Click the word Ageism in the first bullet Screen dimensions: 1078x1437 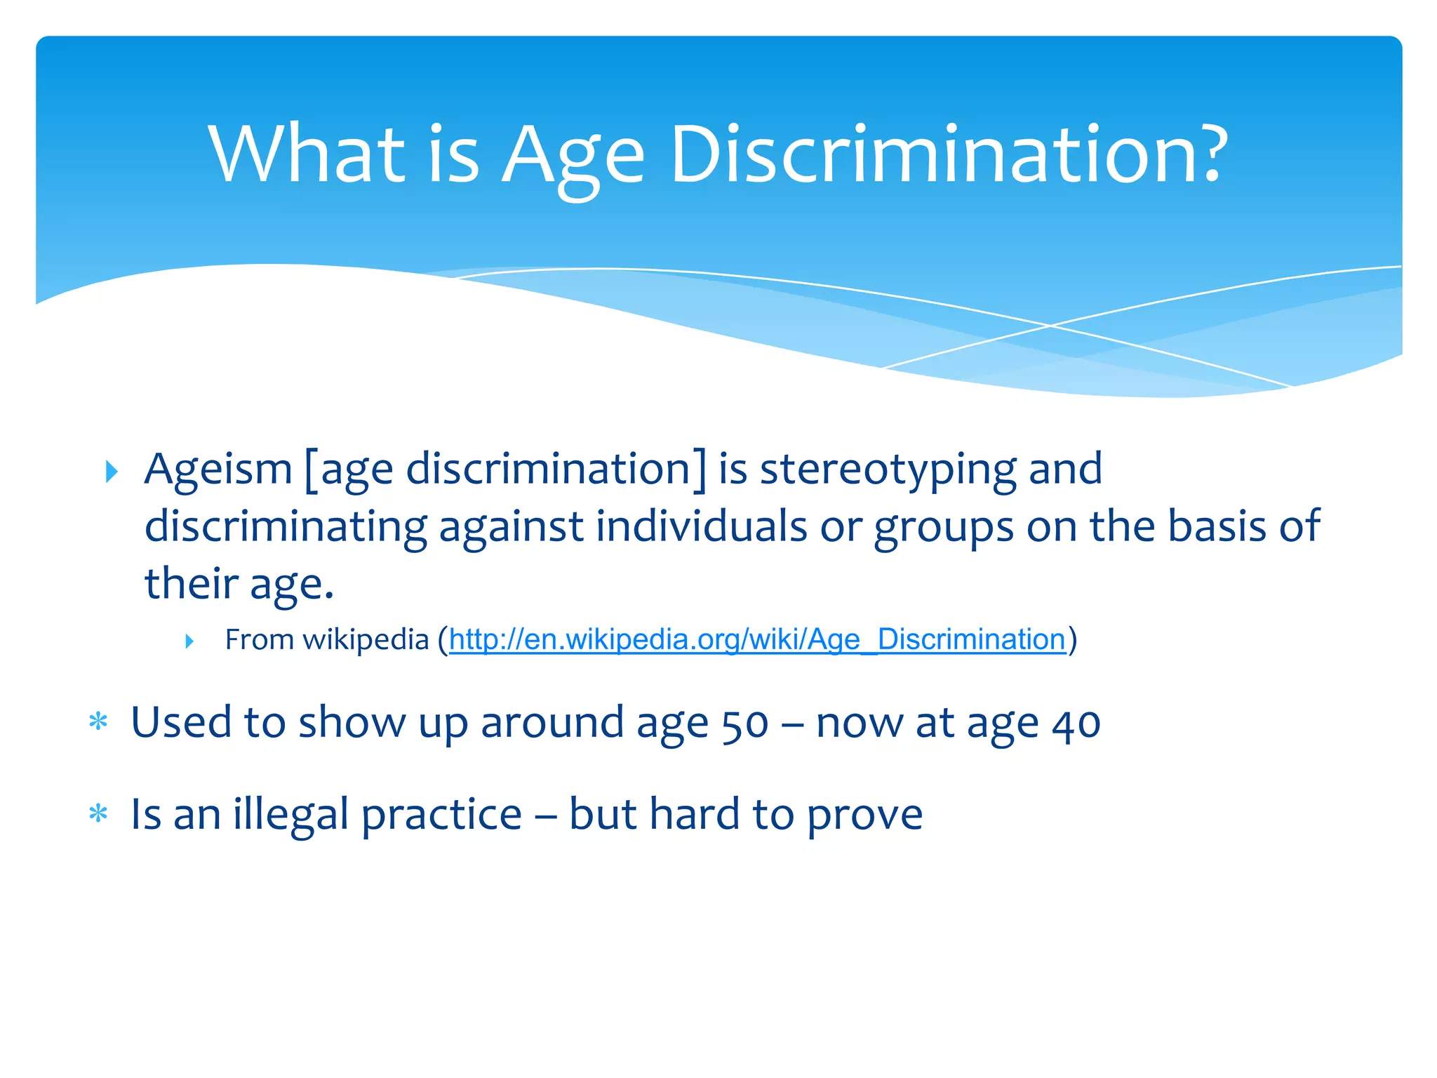pos(218,469)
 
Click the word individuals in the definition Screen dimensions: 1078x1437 pos(702,526)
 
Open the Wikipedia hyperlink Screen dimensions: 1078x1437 pos(757,640)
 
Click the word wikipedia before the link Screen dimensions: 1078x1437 pos(366,640)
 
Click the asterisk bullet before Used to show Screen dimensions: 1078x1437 pos(98,721)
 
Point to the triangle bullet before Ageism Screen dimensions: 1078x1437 pos(112,472)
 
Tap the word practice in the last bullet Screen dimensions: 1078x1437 pos(441,816)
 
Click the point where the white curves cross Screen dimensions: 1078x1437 pos(1050,326)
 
